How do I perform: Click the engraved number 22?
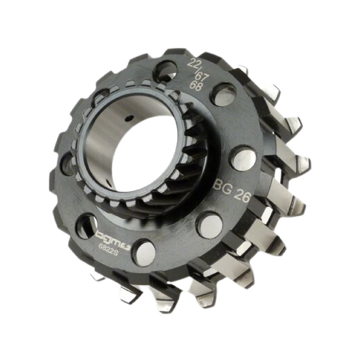point(193,63)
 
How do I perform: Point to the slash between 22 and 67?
point(197,71)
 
